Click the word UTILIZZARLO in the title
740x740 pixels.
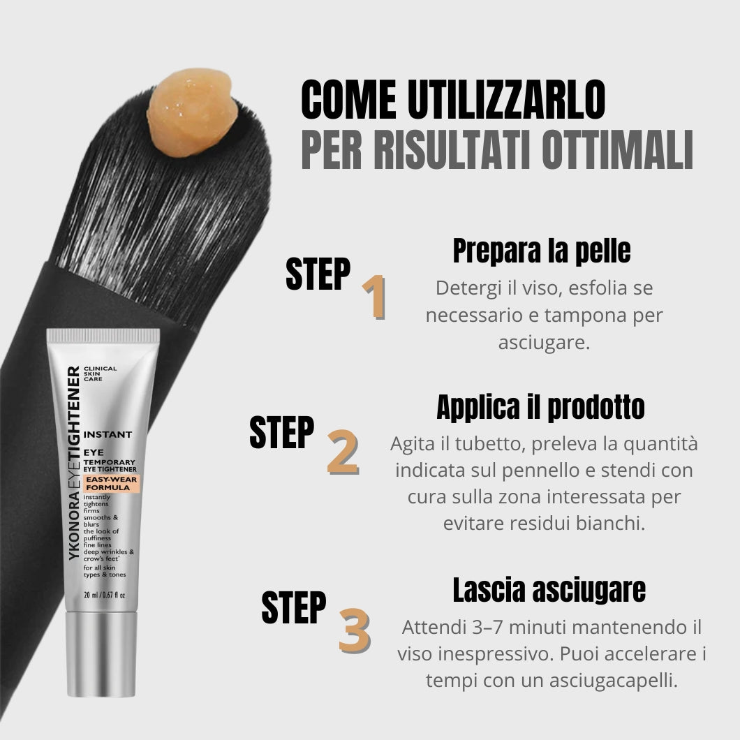coord(506,100)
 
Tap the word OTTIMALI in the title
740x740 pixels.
coord(617,149)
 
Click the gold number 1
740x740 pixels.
coord(374,297)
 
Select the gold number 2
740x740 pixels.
coord(343,452)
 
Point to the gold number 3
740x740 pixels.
coord(355,630)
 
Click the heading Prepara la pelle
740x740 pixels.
coord(542,251)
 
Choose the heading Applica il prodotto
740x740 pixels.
coord(541,407)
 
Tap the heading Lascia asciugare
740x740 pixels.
coord(549,590)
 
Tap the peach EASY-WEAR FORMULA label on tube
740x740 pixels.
coord(112,483)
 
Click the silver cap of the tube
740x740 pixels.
coord(101,654)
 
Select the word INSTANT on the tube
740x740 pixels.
coord(108,434)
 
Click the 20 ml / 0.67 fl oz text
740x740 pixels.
coord(104,595)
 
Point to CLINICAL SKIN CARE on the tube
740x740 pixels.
coord(100,373)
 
